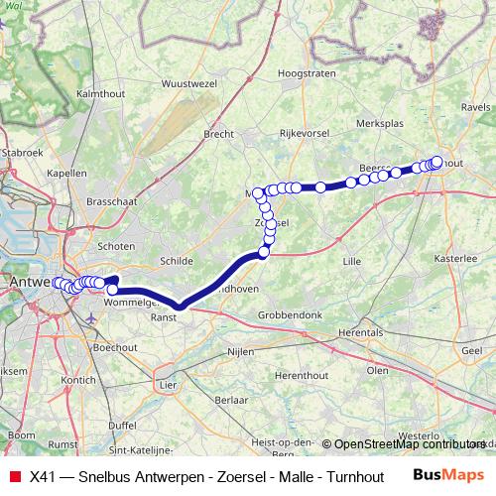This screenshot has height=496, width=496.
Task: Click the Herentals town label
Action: point(360,332)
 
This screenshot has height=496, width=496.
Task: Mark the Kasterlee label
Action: point(455,257)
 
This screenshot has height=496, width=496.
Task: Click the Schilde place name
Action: point(175,261)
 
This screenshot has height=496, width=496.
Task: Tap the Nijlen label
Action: point(240,351)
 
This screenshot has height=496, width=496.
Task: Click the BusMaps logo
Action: point(448,474)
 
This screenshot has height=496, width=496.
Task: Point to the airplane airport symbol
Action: point(92,319)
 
